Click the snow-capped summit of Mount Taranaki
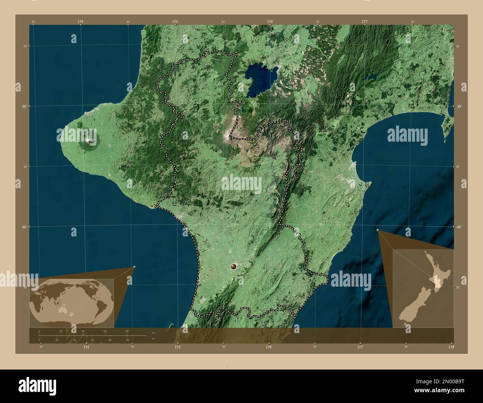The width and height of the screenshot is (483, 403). (x=89, y=141)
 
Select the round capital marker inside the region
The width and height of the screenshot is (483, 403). (x=233, y=266)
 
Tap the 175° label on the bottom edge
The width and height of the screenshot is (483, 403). (x=178, y=346)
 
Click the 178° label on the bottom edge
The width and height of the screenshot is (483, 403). (x=451, y=346)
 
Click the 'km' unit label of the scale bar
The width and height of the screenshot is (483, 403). (x=153, y=332)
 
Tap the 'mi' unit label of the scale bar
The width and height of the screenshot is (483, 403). (x=153, y=339)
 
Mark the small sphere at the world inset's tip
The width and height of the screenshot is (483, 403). (x=134, y=267)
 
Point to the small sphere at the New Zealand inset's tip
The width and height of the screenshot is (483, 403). (x=378, y=230)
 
